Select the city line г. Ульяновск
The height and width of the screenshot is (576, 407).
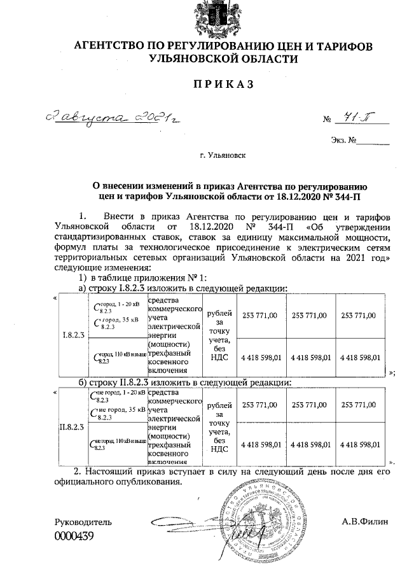[x=223, y=154]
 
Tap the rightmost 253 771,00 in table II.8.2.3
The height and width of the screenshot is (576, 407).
[x=359, y=405]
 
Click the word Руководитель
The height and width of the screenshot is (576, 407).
[x=83, y=522]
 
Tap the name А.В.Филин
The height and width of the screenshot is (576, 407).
[x=362, y=522]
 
